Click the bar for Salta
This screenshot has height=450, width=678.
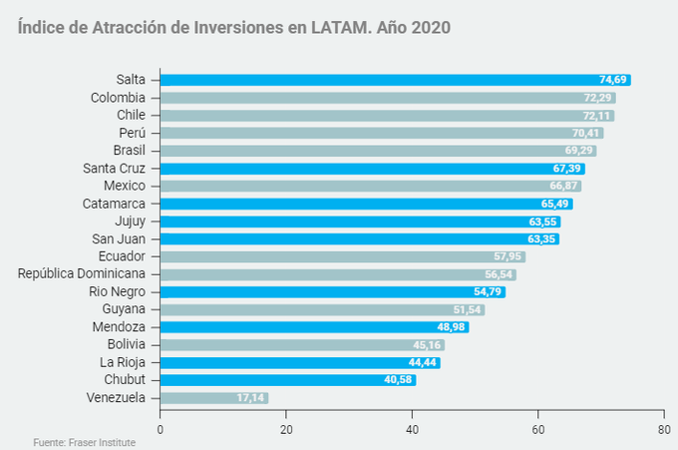(395, 80)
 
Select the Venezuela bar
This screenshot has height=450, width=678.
(213, 397)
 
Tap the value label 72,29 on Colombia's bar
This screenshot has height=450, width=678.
(598, 98)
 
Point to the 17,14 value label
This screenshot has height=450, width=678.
(251, 397)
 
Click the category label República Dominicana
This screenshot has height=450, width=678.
(82, 273)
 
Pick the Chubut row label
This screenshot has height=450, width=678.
(125, 380)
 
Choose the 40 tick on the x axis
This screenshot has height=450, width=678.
(412, 429)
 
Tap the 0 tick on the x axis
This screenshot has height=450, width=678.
(160, 429)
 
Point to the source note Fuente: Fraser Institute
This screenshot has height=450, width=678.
(84, 442)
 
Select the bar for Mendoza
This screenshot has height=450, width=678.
(314, 326)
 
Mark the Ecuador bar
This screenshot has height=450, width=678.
(342, 256)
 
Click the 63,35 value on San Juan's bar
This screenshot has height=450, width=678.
(542, 238)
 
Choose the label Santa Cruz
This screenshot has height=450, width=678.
(114, 168)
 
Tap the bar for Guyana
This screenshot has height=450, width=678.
(322, 309)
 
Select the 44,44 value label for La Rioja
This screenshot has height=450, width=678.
(423, 362)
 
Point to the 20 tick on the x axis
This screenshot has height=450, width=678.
(286, 429)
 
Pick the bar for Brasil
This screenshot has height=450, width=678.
(378, 151)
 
